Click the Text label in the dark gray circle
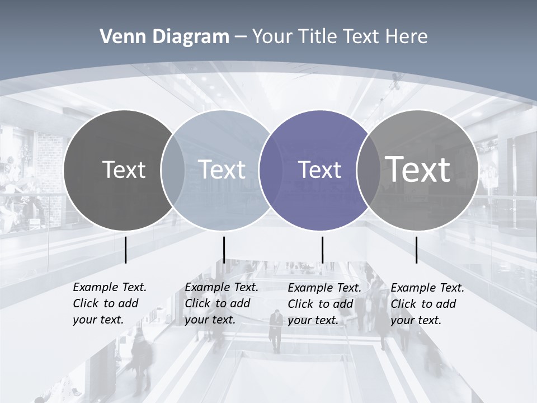pyautogui.click(x=124, y=170)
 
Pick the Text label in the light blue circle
pyautogui.click(x=222, y=170)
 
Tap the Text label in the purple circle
pyautogui.click(x=319, y=170)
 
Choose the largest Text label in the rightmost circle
pyautogui.click(x=418, y=169)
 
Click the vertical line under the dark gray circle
pyautogui.click(x=125, y=250)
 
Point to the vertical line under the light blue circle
pyautogui.click(x=224, y=250)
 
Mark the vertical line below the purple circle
pyautogui.click(x=322, y=250)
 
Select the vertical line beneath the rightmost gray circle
pyautogui.click(x=416, y=250)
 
